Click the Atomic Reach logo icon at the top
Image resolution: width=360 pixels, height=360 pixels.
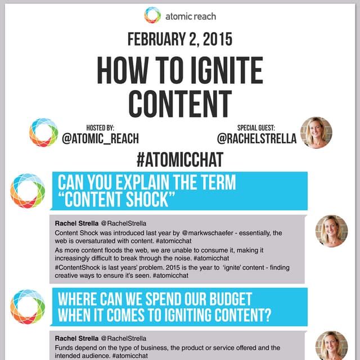[152, 15]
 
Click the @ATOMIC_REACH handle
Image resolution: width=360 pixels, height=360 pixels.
[101, 138]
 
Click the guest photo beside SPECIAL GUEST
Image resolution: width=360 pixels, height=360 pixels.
[316, 133]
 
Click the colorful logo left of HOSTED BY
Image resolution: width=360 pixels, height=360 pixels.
[43, 133]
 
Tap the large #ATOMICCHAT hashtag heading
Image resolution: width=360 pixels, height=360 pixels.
[179, 159]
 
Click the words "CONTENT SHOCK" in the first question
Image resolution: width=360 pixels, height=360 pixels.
[118, 200]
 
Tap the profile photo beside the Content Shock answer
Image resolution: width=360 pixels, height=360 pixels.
[331, 231]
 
